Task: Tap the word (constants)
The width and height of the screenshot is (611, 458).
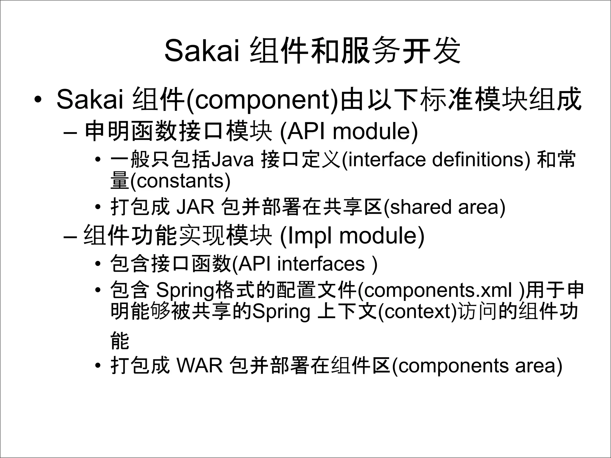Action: (180, 181)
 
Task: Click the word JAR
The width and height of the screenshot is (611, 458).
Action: (195, 207)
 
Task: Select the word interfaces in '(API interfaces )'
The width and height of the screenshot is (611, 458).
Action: (321, 264)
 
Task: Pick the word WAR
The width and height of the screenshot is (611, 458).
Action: (200, 366)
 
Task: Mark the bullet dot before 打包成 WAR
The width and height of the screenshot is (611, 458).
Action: (98, 366)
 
